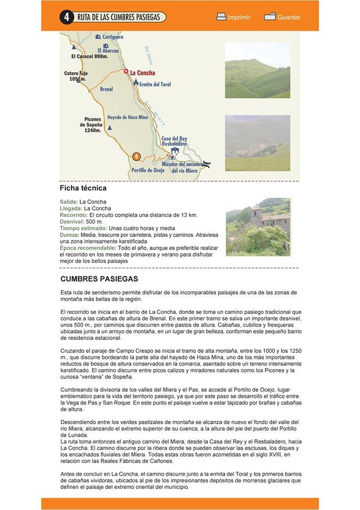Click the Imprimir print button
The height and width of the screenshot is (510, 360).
click(233, 17)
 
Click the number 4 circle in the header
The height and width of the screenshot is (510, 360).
click(66, 17)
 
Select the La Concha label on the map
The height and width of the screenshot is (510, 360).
click(142, 72)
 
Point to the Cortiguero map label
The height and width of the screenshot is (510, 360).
click(113, 37)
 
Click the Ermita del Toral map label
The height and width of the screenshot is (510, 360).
click(155, 84)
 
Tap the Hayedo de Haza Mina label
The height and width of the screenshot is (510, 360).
click(127, 117)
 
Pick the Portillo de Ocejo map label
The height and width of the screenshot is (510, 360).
click(148, 171)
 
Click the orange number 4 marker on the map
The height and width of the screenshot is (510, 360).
click(136, 156)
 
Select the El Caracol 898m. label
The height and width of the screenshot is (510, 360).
click(89, 56)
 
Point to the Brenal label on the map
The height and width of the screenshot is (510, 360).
click(106, 89)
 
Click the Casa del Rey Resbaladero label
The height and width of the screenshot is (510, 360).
click(174, 141)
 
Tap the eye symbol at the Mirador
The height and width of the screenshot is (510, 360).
click(172, 157)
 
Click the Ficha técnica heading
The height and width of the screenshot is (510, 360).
click(83, 188)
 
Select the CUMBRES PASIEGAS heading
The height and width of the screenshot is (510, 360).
click(99, 278)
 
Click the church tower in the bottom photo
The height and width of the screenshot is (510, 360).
click(255, 213)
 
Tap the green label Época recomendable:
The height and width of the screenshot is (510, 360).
click(88, 248)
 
